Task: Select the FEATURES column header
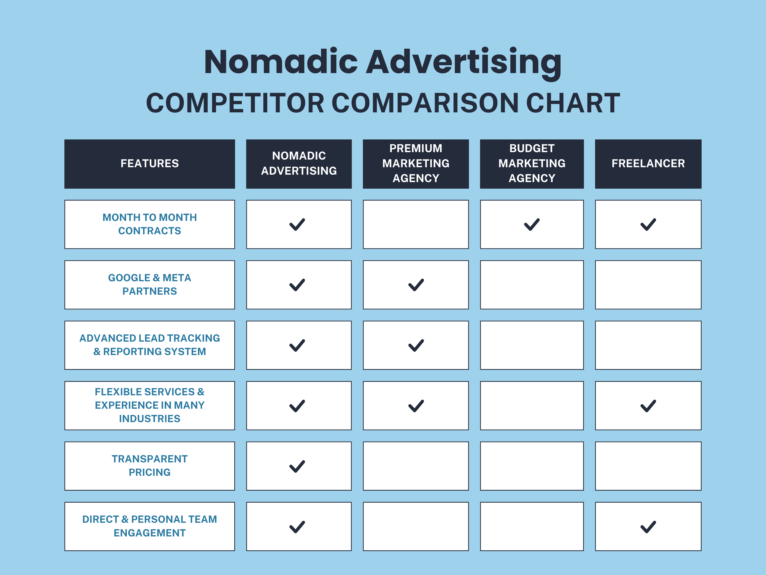coord(150,164)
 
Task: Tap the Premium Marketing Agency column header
coord(416,164)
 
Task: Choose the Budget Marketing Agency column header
coord(532,164)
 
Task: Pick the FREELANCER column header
coord(648,164)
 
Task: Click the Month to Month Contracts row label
coord(150,224)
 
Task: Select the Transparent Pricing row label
coord(150,466)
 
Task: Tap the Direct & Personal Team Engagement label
coord(150,526)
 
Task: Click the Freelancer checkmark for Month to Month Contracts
coord(648,224)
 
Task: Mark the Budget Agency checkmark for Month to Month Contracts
coord(532,224)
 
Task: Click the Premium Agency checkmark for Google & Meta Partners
coord(416,285)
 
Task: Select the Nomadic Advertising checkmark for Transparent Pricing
coord(297,466)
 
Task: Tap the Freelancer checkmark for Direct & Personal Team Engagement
coord(648,527)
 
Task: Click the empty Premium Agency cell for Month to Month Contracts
coord(416,224)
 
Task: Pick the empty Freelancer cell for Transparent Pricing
coord(648,466)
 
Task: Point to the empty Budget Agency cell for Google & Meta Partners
coord(532,285)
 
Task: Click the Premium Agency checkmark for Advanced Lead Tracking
coord(416,345)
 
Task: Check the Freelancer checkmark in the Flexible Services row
coord(648,406)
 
